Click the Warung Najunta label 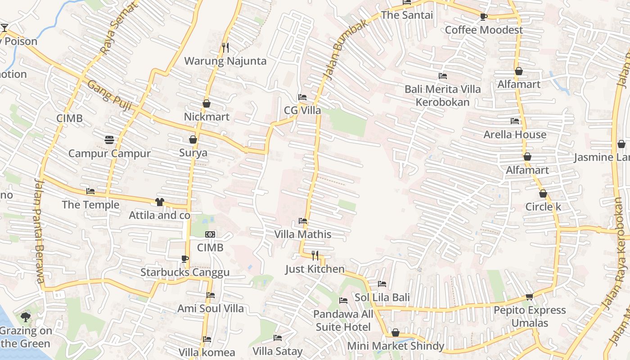click(x=225, y=61)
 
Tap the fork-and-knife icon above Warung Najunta click(x=225, y=47)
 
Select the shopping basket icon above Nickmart click(x=207, y=103)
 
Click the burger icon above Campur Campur click(x=109, y=139)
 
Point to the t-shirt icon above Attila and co click(x=160, y=202)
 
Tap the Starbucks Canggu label click(x=185, y=272)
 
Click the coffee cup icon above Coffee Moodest click(x=484, y=17)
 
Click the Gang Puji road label click(x=109, y=95)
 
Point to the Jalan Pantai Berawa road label click(x=39, y=230)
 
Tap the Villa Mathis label click(x=303, y=234)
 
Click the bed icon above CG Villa click(x=302, y=97)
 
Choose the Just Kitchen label click(x=315, y=269)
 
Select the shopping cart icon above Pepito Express click(x=530, y=297)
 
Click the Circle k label click(x=543, y=207)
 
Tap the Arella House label click(x=515, y=135)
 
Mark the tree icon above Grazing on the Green click(x=26, y=317)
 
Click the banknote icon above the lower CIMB click(x=210, y=234)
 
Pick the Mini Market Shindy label click(x=396, y=346)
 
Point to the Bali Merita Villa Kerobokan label click(x=442, y=95)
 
